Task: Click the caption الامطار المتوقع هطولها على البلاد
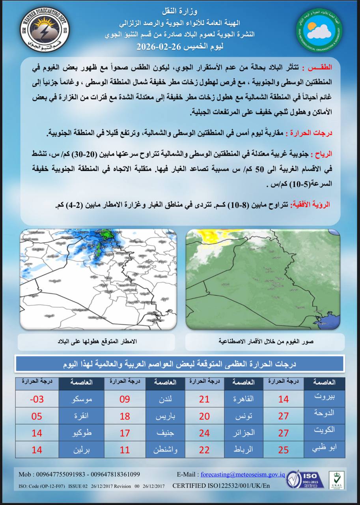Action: tap(97, 342)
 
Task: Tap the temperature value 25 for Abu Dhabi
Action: tap(283, 450)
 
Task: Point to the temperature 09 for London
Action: tap(125, 399)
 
